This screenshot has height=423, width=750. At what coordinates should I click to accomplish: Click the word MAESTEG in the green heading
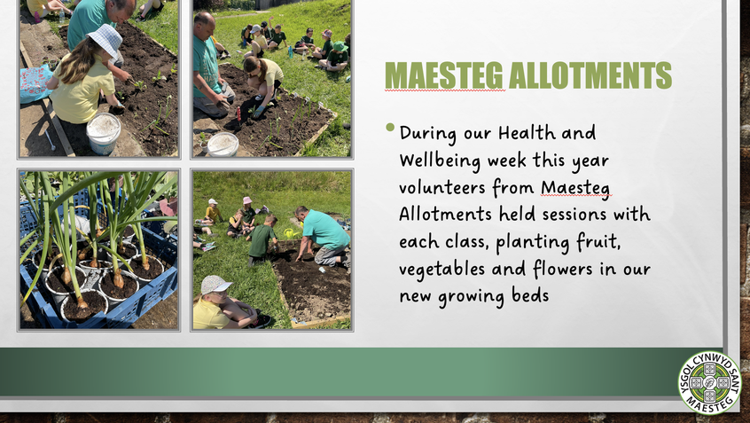point(444,74)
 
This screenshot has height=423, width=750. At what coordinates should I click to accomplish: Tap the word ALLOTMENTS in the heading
point(590,74)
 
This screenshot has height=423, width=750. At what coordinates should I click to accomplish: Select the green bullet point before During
point(390,128)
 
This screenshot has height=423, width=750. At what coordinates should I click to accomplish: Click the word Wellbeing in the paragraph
point(440,161)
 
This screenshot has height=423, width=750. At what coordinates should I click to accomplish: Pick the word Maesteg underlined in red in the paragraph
point(576,188)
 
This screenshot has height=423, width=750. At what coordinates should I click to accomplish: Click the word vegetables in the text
point(442,269)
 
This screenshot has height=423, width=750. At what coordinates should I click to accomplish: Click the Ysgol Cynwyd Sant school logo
point(709,382)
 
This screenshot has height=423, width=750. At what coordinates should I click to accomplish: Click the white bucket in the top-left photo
point(104,133)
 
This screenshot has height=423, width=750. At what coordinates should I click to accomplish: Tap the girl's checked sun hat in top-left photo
point(105,39)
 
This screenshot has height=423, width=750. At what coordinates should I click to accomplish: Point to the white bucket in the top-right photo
point(223,144)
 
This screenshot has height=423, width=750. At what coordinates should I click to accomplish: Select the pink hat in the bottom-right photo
point(246,200)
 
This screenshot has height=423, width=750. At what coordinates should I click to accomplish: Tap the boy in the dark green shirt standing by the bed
point(262,239)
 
